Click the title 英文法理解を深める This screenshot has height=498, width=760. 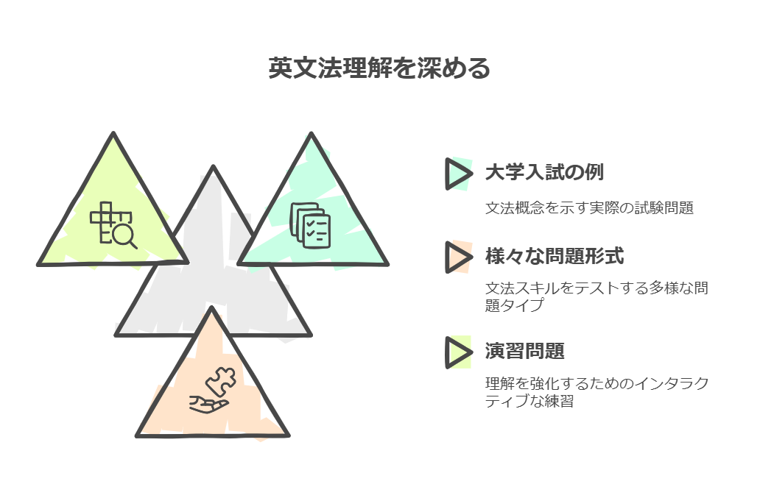(x=379, y=68)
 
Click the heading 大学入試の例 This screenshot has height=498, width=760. (x=544, y=172)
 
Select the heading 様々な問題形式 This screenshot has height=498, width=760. (x=555, y=256)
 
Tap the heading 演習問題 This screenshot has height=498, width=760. (x=525, y=351)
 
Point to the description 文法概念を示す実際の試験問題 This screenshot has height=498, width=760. (x=589, y=207)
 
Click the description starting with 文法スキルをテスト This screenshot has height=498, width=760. (x=597, y=296)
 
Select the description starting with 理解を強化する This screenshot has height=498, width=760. (x=597, y=392)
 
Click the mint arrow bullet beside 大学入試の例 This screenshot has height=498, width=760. (x=458, y=174)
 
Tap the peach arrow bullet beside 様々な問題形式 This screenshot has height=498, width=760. (x=458, y=257)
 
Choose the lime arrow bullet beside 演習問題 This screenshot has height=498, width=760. (x=458, y=352)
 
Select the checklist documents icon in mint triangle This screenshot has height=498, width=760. (x=310, y=225)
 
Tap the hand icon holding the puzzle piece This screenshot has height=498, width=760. (x=209, y=404)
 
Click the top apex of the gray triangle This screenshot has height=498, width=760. (x=213, y=167)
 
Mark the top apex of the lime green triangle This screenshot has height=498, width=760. (x=113, y=133)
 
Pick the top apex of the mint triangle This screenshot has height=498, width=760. (x=312, y=134)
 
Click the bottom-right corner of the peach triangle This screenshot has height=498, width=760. (x=288, y=435)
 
